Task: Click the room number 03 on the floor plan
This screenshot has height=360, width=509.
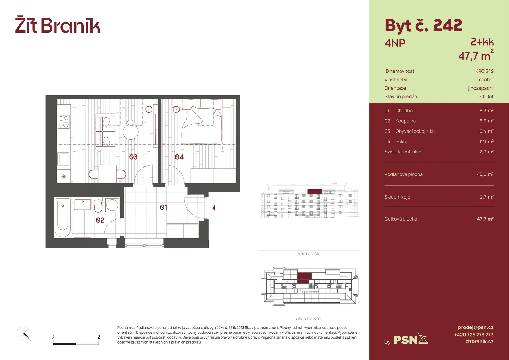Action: tap(133, 157)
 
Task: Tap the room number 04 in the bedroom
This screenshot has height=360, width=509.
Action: tap(179, 157)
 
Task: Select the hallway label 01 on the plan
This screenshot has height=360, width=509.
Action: tap(163, 207)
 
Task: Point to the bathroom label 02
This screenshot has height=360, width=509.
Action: tap(100, 220)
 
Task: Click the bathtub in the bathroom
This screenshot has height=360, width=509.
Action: tap(63, 218)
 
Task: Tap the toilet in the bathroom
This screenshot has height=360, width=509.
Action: tap(98, 205)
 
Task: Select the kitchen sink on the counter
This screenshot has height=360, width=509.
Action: tap(64, 159)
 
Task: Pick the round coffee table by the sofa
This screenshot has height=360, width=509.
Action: tap(130, 130)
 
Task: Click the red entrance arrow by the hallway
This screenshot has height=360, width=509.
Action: tap(213, 208)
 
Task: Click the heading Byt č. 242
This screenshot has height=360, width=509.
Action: tap(423, 26)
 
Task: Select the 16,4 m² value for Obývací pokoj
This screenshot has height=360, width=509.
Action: tap(485, 131)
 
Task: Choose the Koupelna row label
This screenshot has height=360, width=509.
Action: tap(405, 121)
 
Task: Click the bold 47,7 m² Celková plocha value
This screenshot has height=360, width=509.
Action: tap(485, 219)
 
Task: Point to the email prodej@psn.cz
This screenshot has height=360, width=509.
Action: tap(476, 327)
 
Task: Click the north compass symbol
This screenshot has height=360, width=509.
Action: tap(24, 334)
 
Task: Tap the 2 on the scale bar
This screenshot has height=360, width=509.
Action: tap(99, 337)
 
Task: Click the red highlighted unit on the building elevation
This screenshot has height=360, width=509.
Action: tap(314, 191)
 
